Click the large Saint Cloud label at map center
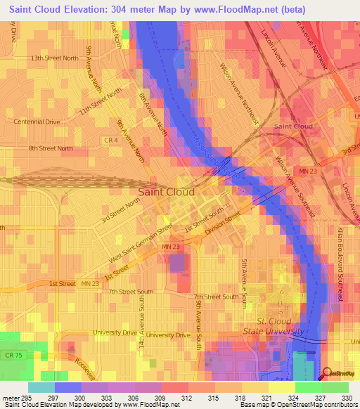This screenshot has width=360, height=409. [166, 191]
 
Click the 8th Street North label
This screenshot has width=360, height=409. [51, 148]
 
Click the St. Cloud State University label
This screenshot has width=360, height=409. [273, 325]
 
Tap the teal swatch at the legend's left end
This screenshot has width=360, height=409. [41, 387]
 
